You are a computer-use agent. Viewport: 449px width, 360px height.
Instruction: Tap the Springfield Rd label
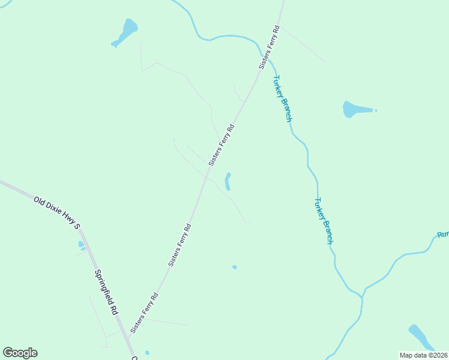tap(106, 292)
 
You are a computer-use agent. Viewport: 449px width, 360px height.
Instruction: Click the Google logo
tap(20, 353)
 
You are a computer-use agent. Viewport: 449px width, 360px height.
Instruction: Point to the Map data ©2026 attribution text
tap(424, 355)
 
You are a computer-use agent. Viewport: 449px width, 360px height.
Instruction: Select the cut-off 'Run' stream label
tap(443, 234)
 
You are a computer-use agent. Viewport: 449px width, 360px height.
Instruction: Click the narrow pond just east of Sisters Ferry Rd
tap(228, 181)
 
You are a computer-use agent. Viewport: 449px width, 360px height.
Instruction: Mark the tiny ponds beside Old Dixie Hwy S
tap(82, 245)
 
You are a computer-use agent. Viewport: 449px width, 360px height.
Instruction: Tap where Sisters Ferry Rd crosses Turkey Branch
tap(270, 56)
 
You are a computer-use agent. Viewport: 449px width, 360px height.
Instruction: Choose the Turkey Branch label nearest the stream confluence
tap(324, 220)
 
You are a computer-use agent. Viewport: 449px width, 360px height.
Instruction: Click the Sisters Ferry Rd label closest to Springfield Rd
tap(144, 313)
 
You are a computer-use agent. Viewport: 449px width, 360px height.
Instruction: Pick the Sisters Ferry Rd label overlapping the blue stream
tap(270, 47)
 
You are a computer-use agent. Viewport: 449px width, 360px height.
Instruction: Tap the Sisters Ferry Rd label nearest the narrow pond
tap(221, 145)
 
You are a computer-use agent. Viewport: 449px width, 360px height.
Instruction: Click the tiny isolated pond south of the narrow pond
tap(235, 267)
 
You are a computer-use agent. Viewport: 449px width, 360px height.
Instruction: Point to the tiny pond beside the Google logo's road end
tap(147, 353)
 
